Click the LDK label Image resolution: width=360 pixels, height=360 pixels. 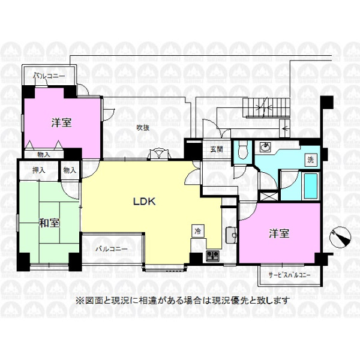click(x=145, y=202)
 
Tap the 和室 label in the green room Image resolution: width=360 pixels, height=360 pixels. click(x=49, y=223)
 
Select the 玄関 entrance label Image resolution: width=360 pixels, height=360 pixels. click(x=217, y=149)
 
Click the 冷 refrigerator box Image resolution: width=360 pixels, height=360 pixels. click(x=197, y=231)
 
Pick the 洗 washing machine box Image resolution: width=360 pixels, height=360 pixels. click(x=311, y=160)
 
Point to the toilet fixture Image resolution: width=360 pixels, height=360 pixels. click(x=243, y=149)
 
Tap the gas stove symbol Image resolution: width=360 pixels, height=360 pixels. click(x=212, y=256)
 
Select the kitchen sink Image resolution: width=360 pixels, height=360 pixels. click(x=232, y=235)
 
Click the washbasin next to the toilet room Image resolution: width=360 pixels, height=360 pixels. click(x=266, y=147)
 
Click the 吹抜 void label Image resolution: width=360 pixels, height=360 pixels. click(x=143, y=128)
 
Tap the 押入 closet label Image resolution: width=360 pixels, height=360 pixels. click(x=39, y=170)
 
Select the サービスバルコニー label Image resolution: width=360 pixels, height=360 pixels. click(x=290, y=275)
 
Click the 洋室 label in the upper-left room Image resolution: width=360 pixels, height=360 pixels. click(x=61, y=122)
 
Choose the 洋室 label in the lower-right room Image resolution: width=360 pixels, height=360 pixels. click(x=279, y=233)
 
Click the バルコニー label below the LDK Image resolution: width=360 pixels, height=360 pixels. click(x=112, y=249)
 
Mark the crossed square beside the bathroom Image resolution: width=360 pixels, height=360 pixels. click(x=268, y=196)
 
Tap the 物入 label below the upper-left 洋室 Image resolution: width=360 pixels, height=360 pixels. click(x=43, y=155)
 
